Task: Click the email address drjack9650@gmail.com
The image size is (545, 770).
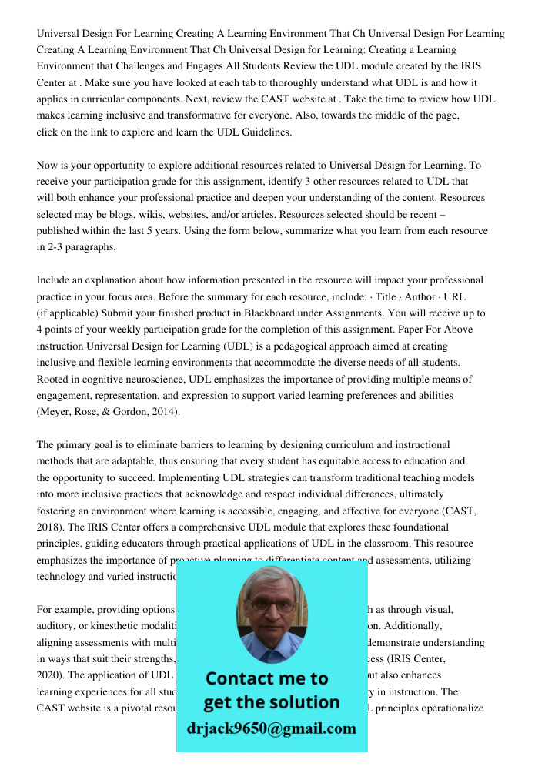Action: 271,728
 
